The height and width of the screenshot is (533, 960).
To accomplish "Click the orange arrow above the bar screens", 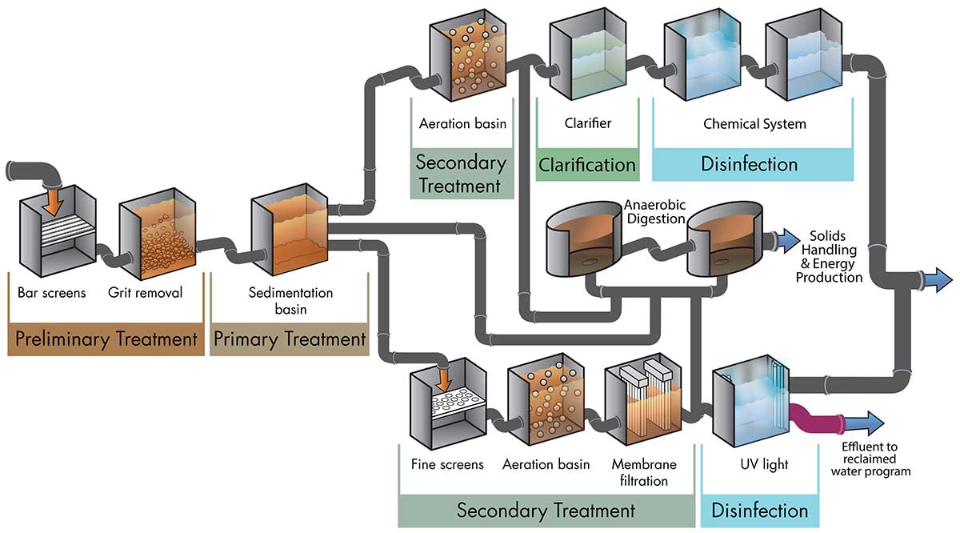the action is (x=53, y=202).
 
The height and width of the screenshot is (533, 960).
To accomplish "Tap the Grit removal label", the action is (x=145, y=292).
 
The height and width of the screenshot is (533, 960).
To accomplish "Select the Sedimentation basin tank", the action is (x=290, y=230).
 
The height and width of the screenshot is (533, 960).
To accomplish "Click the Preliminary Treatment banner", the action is (x=106, y=339).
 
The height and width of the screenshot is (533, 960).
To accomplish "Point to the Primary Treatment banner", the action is (x=290, y=339).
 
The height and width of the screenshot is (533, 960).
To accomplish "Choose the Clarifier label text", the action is (x=587, y=123).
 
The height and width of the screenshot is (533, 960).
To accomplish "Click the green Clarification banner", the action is (x=587, y=165).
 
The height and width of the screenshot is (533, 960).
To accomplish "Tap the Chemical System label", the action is (x=754, y=124).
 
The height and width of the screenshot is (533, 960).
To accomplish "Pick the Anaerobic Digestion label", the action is (x=655, y=212).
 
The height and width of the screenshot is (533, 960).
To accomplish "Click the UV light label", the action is (x=764, y=464).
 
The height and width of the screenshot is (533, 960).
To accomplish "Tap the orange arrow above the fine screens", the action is (x=443, y=379).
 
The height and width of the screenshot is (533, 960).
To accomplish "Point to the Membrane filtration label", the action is (x=644, y=472).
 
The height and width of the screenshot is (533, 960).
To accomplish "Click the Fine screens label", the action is (x=447, y=464).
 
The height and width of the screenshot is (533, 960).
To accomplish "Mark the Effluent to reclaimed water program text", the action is (x=870, y=459).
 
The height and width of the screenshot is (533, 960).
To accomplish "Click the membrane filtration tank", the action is (x=643, y=399).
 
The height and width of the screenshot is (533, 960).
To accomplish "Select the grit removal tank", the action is (x=158, y=234).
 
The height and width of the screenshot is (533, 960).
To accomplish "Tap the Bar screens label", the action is (x=51, y=293).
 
